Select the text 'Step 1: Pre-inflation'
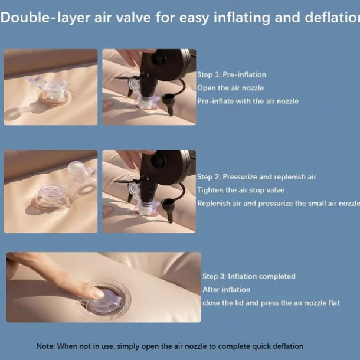[x=232, y=74]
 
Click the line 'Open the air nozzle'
[x=231, y=88]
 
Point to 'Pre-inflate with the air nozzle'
[x=248, y=101]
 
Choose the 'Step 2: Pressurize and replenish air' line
[x=257, y=177]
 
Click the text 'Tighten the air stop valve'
[x=241, y=190]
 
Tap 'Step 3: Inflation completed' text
[x=249, y=276]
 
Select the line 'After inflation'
[x=227, y=290]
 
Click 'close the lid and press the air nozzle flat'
[x=271, y=303]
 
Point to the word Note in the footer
[x=45, y=346]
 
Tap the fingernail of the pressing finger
[x=99, y=293]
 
